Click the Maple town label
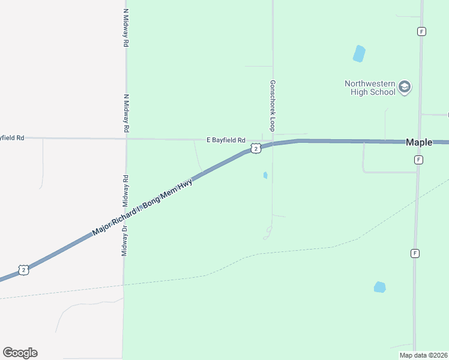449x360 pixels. coord(419,143)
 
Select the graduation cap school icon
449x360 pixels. coord(405,88)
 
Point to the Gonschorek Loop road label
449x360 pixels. coord(272,106)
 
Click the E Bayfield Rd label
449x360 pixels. coord(226,140)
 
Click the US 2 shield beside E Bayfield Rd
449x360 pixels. coord(256,148)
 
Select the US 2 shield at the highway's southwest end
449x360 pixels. coord(23,270)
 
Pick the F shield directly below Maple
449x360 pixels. coord(418,160)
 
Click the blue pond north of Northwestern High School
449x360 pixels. coord(359,53)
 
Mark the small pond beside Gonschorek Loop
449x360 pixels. coord(265,175)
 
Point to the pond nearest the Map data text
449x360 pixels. coord(379,287)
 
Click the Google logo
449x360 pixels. coord(20,353)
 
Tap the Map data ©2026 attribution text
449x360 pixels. coord(423,355)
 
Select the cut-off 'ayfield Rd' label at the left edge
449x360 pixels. coord(12,137)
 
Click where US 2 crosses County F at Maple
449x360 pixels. coord(419,142)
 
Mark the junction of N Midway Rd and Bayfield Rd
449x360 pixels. coord(126,139)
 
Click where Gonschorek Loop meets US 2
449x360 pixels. coord(273,144)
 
